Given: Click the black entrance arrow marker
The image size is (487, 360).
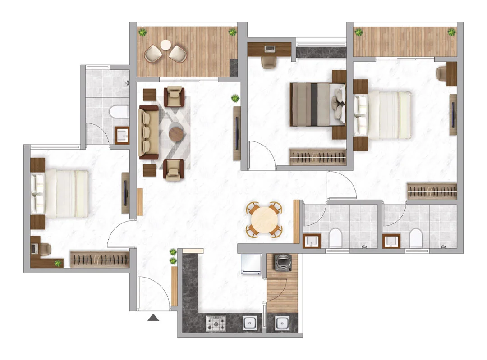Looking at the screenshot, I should tap(154, 318).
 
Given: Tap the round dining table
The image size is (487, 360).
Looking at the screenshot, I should tap(264, 219).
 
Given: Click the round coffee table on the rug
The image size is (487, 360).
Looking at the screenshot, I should tap(176, 133).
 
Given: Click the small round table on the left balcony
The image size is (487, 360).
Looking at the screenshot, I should tap(165, 45).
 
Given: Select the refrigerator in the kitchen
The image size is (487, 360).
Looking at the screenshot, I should tap(251, 264).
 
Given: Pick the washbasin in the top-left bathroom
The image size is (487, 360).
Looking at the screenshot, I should tap(122, 135).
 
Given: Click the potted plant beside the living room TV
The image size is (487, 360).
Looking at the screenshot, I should tap(235, 98).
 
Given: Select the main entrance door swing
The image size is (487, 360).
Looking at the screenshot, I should tap(152, 293).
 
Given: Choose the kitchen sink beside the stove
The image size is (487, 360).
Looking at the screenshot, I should tap(249, 323).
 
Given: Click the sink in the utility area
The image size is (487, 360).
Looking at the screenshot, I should tap(282, 323).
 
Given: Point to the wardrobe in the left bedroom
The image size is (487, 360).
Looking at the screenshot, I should tap(100, 259).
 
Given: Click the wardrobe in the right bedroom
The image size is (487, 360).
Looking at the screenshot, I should tap(432, 191).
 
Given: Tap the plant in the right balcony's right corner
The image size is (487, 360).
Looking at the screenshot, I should tap(451, 32).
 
